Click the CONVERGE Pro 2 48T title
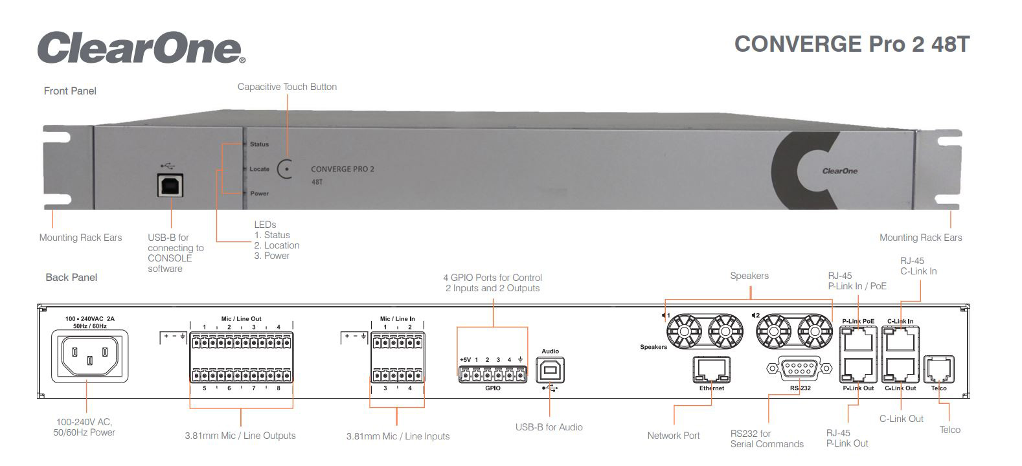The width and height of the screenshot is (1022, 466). pyautogui.click(x=852, y=44)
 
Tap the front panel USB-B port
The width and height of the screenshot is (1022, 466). pyautogui.click(x=170, y=184)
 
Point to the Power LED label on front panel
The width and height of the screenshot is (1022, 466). pyautogui.click(x=259, y=194)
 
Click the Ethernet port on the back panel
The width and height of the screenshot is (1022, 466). pyautogui.click(x=712, y=370)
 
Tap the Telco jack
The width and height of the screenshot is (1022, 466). pyautogui.click(x=938, y=370)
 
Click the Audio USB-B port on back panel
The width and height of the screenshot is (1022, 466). pyautogui.click(x=550, y=370)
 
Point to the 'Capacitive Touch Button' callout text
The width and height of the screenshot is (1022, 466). pyautogui.click(x=287, y=87)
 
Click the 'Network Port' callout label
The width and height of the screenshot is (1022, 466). pyautogui.click(x=673, y=436)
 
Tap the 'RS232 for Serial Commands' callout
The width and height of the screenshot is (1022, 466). pyautogui.click(x=767, y=439)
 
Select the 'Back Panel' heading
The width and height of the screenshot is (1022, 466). pyautogui.click(x=71, y=277)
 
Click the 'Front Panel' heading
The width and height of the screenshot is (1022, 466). pyautogui.click(x=70, y=91)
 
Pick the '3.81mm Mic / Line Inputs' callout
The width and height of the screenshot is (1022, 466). pyautogui.click(x=398, y=436)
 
